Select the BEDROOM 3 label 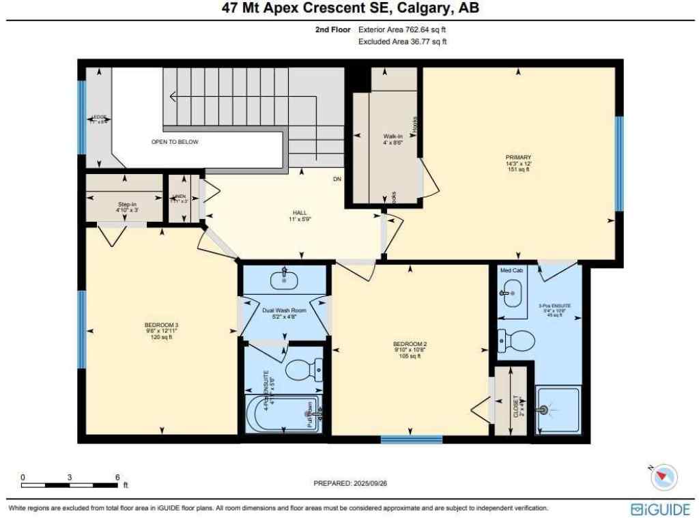(161, 330)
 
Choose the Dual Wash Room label (284, 313)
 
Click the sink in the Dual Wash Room (283, 279)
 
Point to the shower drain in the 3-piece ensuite (543, 410)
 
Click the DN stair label (337, 179)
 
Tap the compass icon (664, 476)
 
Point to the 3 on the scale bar (70, 477)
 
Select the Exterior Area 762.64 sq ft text (402, 30)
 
